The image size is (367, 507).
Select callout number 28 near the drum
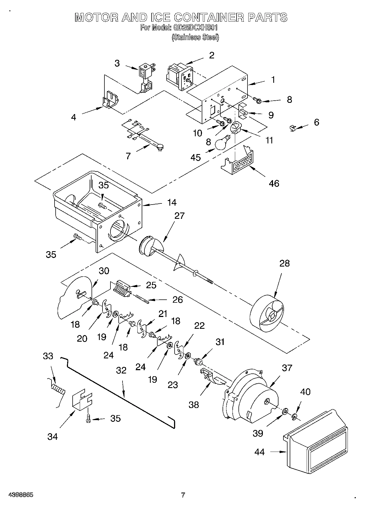(285, 263)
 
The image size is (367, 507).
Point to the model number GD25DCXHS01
(195, 28)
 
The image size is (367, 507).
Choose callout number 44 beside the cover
(259, 452)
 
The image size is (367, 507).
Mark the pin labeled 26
(142, 299)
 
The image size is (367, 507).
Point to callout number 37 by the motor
(287, 367)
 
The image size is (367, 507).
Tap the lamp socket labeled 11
(235, 128)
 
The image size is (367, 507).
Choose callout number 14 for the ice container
(172, 202)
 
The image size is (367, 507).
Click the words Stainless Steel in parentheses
(195, 37)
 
